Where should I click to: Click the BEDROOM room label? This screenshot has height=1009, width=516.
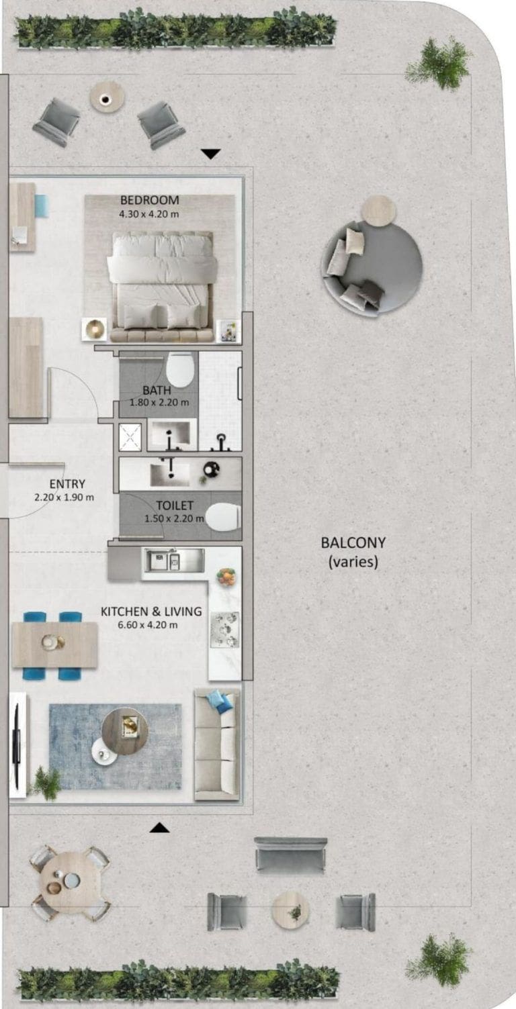tap(149, 200)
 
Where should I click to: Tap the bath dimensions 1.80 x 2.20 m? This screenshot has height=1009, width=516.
tap(159, 403)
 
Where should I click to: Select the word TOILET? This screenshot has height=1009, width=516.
tap(174, 506)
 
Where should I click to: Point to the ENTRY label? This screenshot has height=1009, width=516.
tap(67, 484)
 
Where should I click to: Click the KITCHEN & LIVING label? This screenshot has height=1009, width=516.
tap(150, 612)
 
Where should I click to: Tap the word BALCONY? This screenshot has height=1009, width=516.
tap(353, 542)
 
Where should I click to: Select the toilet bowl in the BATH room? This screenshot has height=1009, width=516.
tap(180, 369)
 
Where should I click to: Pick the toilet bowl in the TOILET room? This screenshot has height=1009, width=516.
tap(222, 518)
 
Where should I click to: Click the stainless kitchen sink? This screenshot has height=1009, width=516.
tap(165, 559)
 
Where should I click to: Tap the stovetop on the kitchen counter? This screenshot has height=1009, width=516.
tap(224, 630)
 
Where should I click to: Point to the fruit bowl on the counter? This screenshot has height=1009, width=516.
tap(226, 577)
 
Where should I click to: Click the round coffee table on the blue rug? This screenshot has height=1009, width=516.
tap(124, 730)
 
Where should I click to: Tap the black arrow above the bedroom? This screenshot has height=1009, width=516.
tap(211, 154)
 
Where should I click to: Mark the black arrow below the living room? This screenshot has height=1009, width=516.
tap(159, 827)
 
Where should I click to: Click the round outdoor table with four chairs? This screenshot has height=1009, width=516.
tap(69, 881)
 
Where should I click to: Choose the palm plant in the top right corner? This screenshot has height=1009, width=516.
tap(439, 63)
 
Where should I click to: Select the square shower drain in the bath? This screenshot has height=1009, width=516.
tap(130, 437)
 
